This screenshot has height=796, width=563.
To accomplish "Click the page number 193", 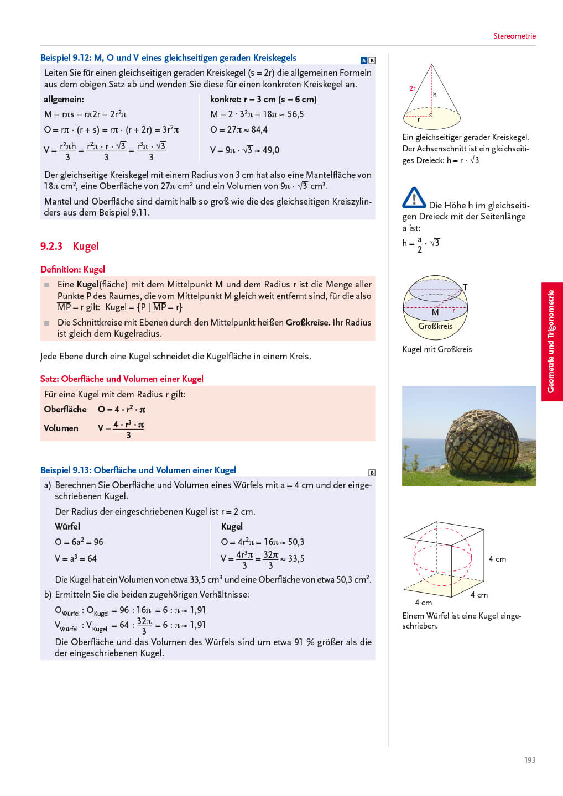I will click(529, 760).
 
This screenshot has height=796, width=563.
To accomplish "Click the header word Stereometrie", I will click(514, 36).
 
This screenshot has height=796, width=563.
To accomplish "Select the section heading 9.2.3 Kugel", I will click(69, 246).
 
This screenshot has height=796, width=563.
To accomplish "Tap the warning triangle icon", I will click(414, 198).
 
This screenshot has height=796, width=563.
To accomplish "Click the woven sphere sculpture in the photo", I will click(482, 439).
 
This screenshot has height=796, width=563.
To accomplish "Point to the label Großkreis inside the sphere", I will click(435, 326).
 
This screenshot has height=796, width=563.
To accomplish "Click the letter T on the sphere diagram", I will click(465, 287).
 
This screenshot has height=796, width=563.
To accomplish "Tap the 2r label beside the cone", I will click(413, 88).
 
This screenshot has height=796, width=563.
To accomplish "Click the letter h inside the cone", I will click(435, 95).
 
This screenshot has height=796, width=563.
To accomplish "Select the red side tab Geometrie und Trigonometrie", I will click(551, 342).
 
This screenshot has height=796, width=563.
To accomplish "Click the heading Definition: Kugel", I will click(72, 269).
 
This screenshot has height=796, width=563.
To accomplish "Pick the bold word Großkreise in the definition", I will click(307, 322).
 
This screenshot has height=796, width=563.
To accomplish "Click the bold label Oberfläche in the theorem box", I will click(65, 409).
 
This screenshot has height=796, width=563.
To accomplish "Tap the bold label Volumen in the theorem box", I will click(61, 428).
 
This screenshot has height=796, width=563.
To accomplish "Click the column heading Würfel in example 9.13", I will click(67, 526).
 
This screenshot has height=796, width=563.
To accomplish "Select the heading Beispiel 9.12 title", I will click(168, 57).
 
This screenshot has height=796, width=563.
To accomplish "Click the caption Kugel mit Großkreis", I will click(437, 349).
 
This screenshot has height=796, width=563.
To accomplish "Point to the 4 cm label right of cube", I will click(497, 559).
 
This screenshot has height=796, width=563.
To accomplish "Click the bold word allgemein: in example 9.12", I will click(64, 99).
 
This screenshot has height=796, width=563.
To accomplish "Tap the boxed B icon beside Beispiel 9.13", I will click(372, 473).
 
